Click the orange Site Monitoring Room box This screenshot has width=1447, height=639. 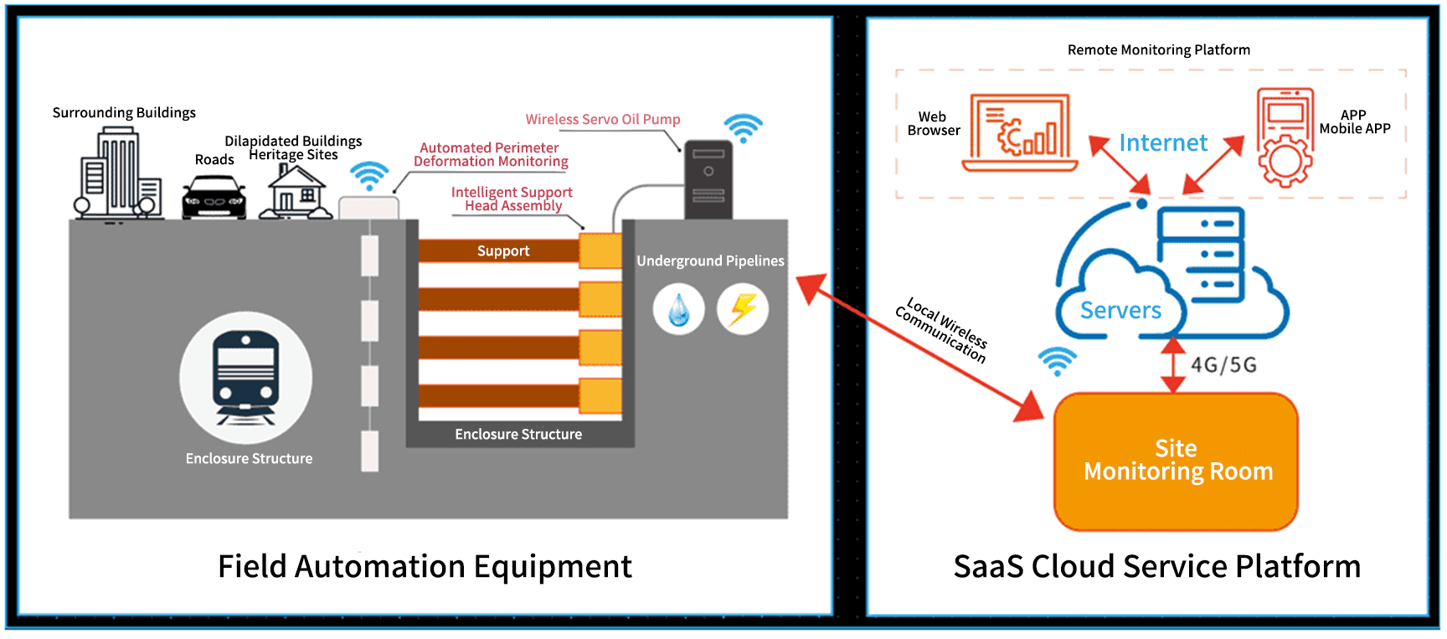pyautogui.click(x=1176, y=461)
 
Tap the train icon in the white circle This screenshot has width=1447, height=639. pyautogui.click(x=245, y=377)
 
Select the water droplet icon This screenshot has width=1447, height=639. pyautogui.click(x=678, y=310)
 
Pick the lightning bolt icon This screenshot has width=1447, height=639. pyautogui.click(x=743, y=309)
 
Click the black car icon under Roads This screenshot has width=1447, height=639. pyautogui.click(x=214, y=198)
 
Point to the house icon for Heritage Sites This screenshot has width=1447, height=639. pyautogui.click(x=295, y=193)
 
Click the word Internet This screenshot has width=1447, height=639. pyautogui.click(x=1163, y=143)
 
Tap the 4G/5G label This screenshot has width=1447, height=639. pyautogui.click(x=1223, y=365)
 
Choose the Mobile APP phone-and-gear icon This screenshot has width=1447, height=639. pyautogui.click(x=1285, y=137)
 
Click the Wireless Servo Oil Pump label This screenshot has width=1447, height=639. pyautogui.click(x=603, y=120)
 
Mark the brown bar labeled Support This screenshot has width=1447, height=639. pyautogui.click(x=500, y=251)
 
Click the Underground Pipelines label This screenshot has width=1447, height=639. pyautogui.click(x=710, y=261)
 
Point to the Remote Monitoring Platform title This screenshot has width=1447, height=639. pyautogui.click(x=1158, y=50)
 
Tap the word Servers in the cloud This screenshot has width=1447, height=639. pyautogui.click(x=1120, y=311)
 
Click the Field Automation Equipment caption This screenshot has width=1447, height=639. pyautogui.click(x=425, y=567)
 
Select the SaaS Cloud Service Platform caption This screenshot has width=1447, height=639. pyautogui.click(x=1156, y=567)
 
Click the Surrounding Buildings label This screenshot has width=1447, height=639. pyautogui.click(x=124, y=113)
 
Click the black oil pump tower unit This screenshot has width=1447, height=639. pyautogui.click(x=708, y=180)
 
